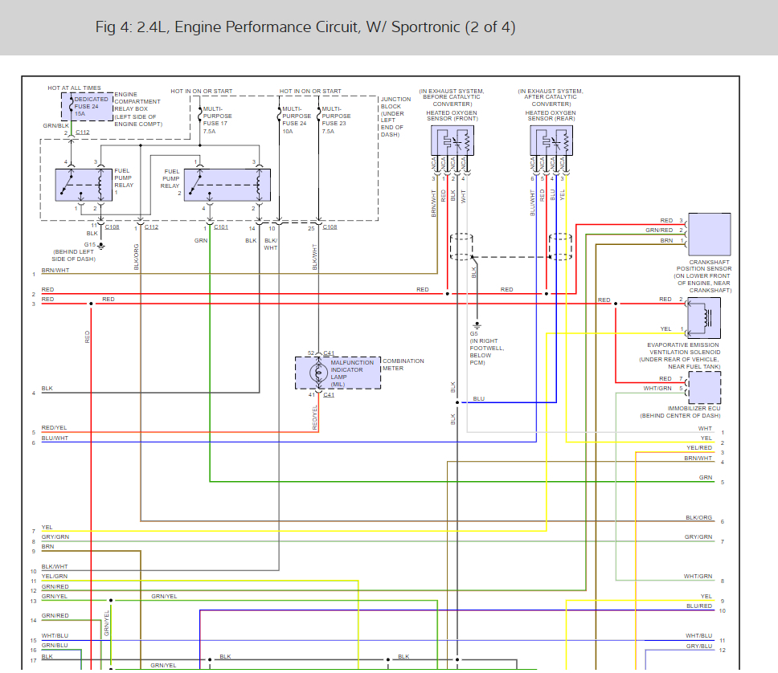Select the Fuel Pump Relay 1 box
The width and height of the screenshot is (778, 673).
coord(84,185)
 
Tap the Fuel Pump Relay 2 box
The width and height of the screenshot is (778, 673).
coord(227,185)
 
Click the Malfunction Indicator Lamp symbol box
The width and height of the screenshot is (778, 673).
coord(338,373)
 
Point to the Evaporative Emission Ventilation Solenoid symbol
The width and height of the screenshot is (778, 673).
coord(706,317)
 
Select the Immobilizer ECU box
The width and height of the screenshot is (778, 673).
coord(704,386)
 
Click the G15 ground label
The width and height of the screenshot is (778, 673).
coord(89,244)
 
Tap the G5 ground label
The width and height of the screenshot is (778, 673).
coord(474,333)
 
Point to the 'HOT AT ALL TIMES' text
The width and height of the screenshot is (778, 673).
coord(75,88)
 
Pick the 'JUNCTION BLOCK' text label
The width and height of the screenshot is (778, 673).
coord(395,103)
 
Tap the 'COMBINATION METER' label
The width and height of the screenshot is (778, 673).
coord(403,365)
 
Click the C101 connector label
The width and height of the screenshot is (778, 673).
coord(221,227)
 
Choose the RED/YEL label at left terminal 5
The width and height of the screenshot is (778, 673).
coord(55,428)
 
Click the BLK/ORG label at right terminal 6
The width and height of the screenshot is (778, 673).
coord(699,518)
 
